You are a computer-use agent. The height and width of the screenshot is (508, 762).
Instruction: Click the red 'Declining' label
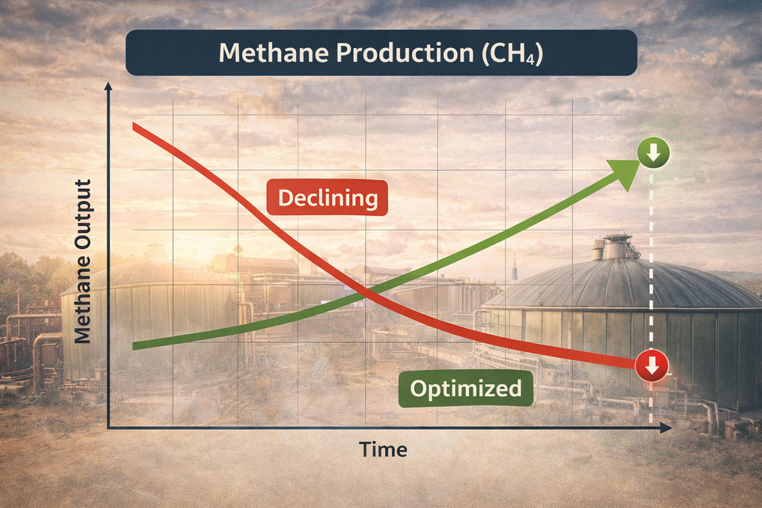tap(327, 198)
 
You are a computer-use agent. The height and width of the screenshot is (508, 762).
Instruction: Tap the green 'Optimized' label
tap(466, 389)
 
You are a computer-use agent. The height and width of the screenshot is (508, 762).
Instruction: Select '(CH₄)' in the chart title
tap(505, 54)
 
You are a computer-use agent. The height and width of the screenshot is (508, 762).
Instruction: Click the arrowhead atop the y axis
tap(108, 87)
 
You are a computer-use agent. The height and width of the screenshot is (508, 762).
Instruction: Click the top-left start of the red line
tap(135, 125)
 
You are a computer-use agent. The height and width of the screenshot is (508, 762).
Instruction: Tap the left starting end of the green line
tap(135, 345)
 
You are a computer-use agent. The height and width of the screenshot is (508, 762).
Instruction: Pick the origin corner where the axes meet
tap(109, 427)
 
